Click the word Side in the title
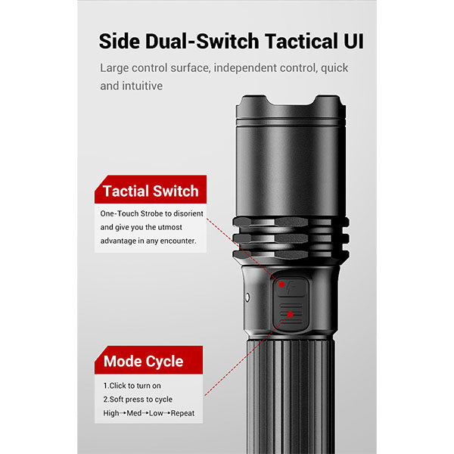click(120, 41)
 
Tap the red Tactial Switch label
click(151, 189)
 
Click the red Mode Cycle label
click(148, 360)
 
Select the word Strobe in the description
click(151, 213)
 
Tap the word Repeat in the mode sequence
click(182, 413)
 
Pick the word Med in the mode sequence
click(134, 413)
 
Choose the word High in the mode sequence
click(111, 413)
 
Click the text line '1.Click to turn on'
click(132, 386)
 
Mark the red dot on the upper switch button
click(281, 285)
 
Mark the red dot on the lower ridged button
click(291, 315)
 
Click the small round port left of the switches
click(247, 297)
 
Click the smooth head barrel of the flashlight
click(291, 171)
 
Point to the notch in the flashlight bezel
click(291, 101)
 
